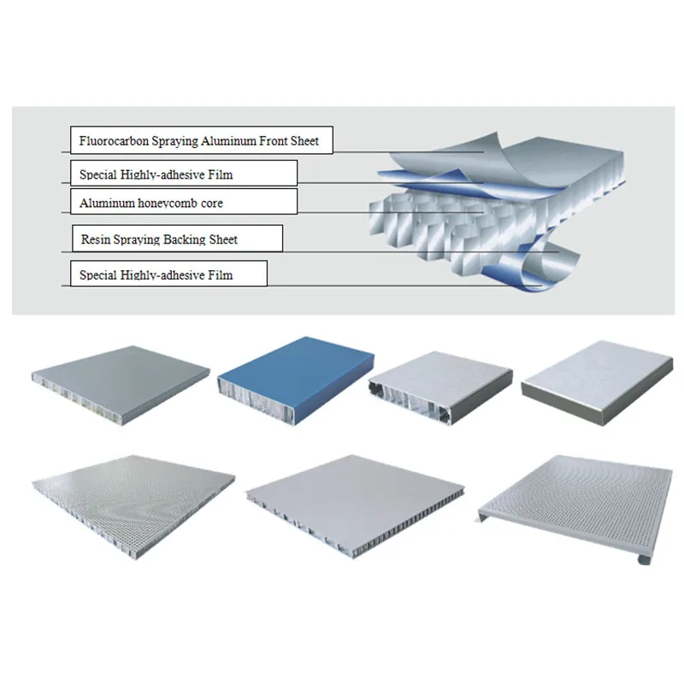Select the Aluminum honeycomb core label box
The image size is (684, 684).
[x=183, y=203]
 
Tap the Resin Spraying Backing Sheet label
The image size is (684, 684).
[x=175, y=239]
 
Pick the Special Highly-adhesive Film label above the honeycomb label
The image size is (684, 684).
[x=183, y=174]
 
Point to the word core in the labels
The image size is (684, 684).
[x=211, y=203]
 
